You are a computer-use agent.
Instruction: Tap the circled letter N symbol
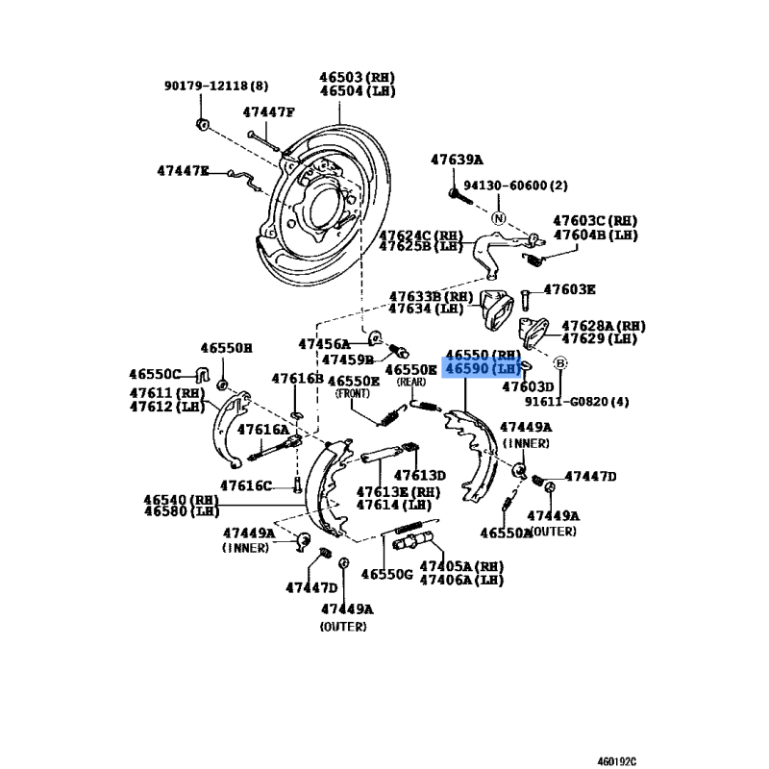click(499, 218)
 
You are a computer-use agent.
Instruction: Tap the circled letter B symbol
click(561, 362)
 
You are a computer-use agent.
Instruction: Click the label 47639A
click(457, 161)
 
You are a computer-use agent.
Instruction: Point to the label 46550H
click(226, 348)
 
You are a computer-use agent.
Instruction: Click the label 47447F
click(268, 112)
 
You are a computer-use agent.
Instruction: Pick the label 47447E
click(184, 171)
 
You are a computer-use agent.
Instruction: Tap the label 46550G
click(386, 575)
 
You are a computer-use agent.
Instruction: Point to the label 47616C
click(245, 485)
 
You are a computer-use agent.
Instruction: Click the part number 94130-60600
click(516, 186)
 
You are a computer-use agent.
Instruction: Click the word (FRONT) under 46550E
click(358, 394)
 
